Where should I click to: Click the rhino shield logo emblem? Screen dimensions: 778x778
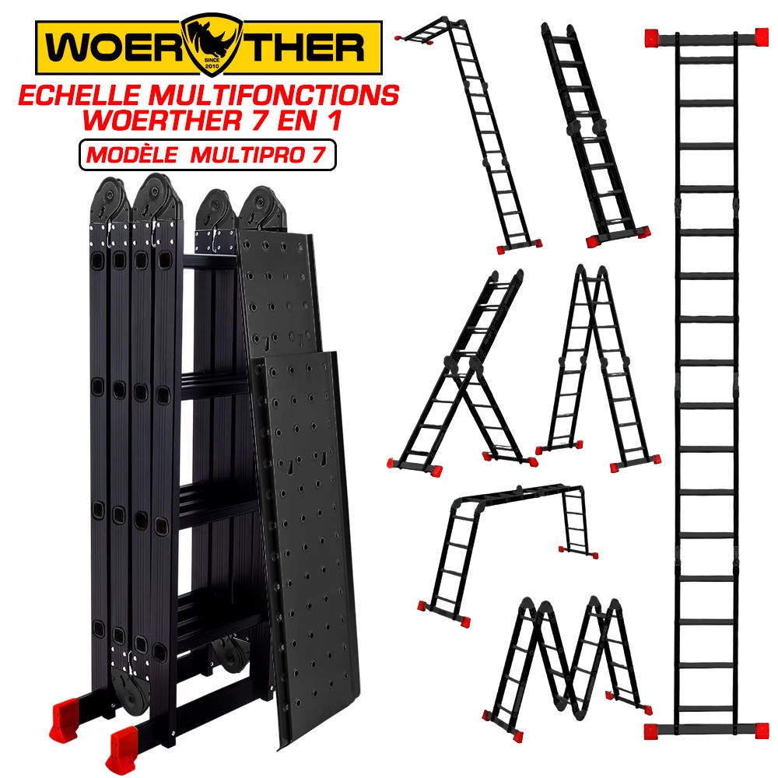(212, 44)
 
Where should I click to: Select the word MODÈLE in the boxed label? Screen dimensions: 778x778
(132, 156)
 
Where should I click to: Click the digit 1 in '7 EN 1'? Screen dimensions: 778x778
(335, 121)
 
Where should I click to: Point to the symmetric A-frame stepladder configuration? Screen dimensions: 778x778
(598, 367)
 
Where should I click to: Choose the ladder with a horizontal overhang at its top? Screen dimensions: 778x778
(468, 134)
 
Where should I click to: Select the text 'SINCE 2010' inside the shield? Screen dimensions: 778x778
(212, 63)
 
